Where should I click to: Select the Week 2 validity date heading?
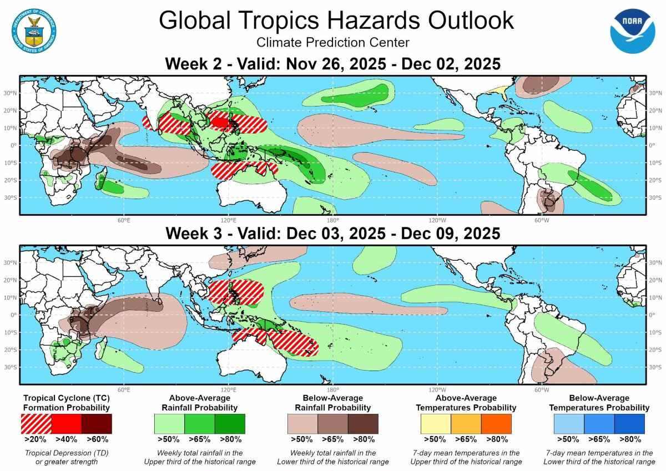point(333,64)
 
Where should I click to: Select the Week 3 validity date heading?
point(333,234)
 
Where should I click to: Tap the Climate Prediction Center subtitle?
point(333,43)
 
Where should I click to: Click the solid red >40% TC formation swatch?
point(67,423)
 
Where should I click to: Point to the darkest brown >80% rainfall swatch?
point(363,423)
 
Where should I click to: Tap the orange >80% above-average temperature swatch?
point(496,423)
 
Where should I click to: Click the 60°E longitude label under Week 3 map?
point(123,389)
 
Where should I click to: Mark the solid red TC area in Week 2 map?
point(221,121)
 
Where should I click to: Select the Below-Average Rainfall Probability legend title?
point(333,403)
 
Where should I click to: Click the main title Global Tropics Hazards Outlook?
point(336,21)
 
